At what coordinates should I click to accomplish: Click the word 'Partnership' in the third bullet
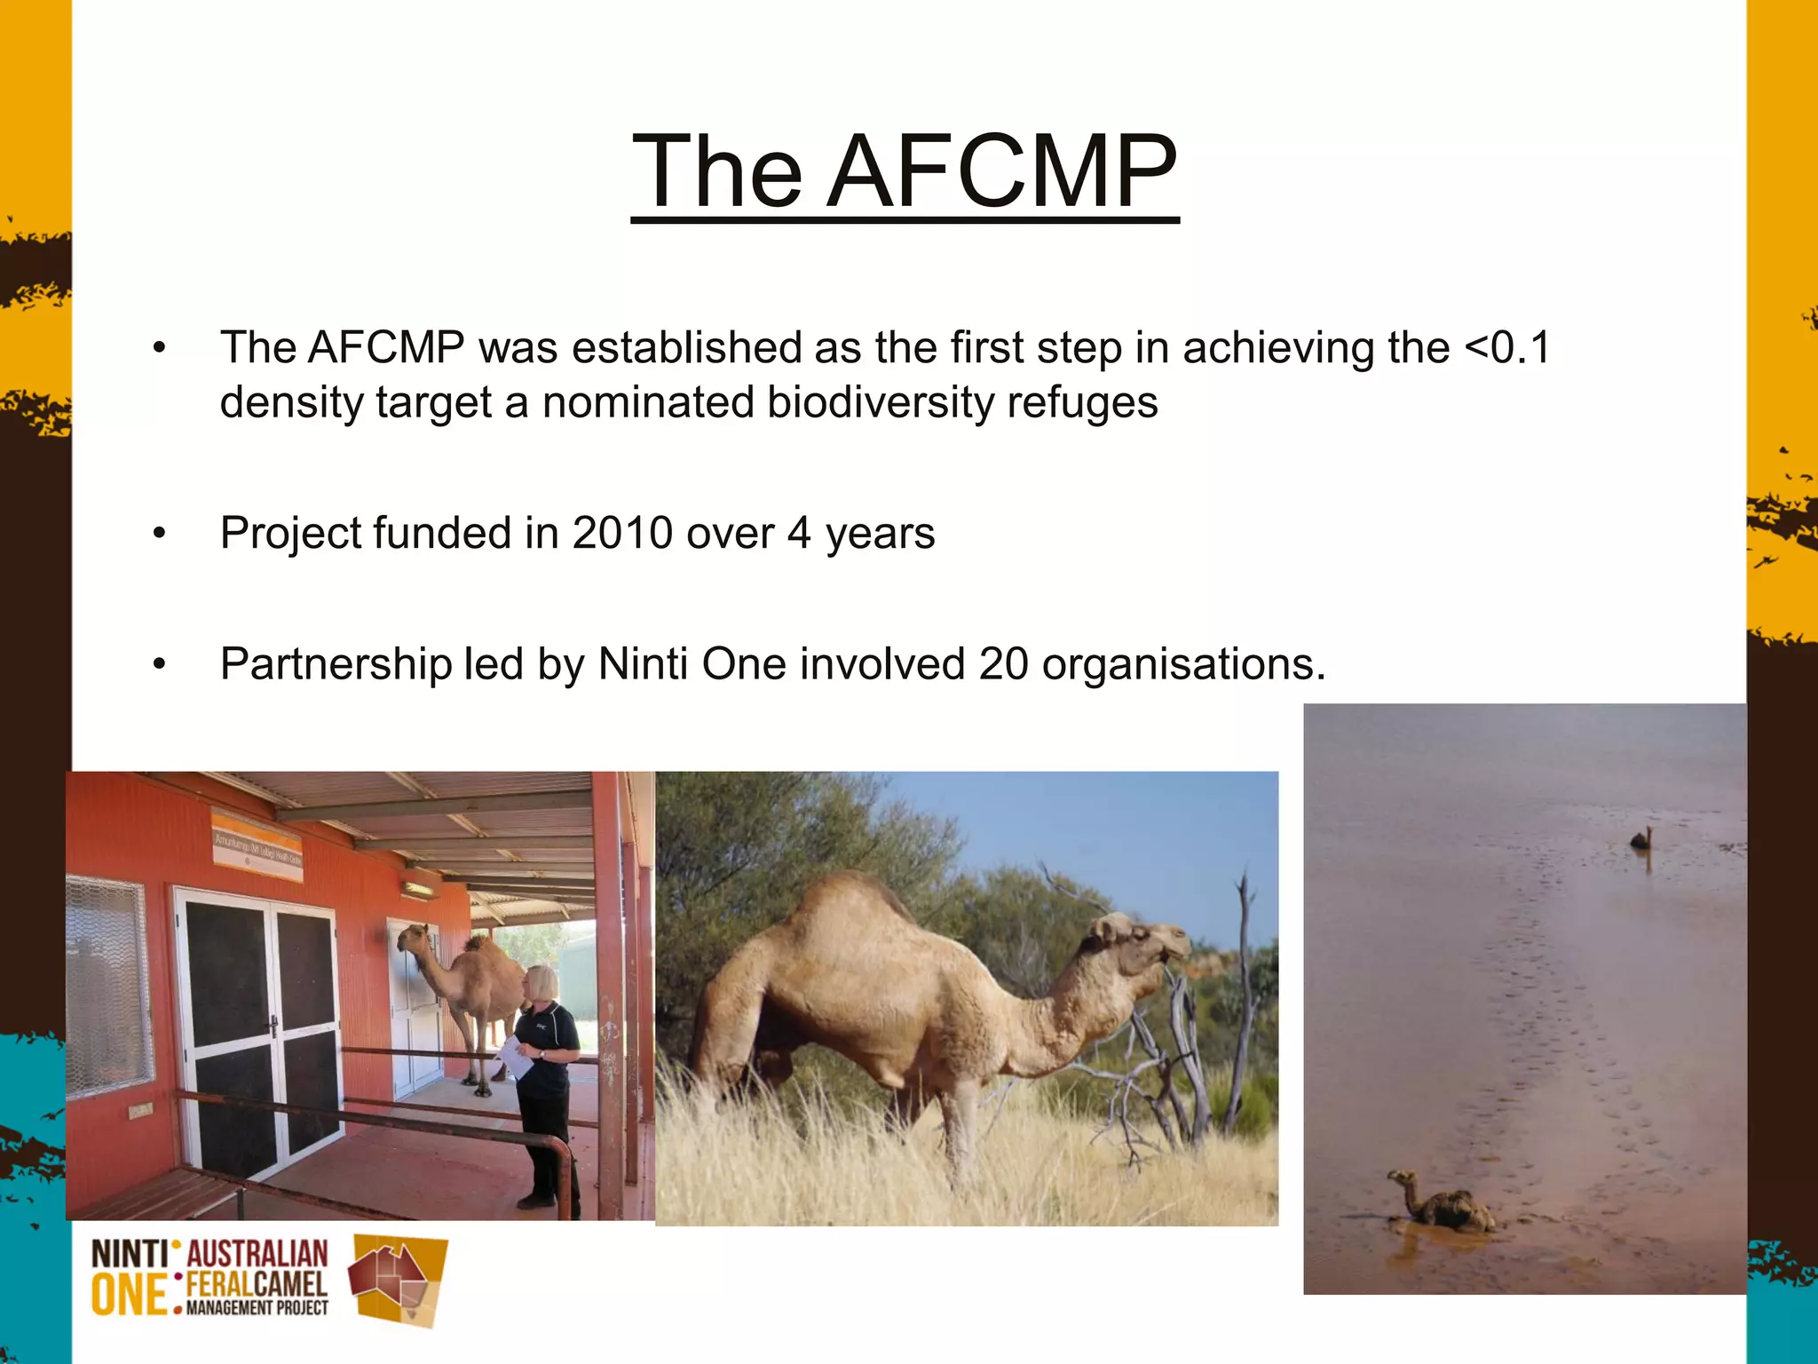(336, 664)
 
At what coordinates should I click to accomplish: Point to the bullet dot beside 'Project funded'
(159, 534)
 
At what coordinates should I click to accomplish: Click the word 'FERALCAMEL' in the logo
(257, 1284)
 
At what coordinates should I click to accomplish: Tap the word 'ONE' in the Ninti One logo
(130, 1296)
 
